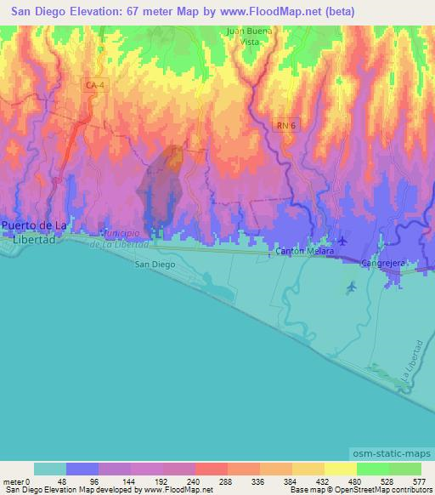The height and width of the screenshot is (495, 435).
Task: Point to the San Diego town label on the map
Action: pos(154,265)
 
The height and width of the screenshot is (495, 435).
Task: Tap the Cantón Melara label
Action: pos(302,253)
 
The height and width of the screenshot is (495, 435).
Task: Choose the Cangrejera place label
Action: pos(381,263)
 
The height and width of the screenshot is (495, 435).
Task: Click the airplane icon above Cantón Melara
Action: pos(342,241)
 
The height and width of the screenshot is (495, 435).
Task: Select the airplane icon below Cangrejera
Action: pos(352,287)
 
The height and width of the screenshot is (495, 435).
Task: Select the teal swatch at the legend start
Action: pos(50,469)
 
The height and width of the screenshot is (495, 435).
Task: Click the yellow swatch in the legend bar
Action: pos(342,469)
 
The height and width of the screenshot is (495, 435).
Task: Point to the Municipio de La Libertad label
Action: pos(125,238)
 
